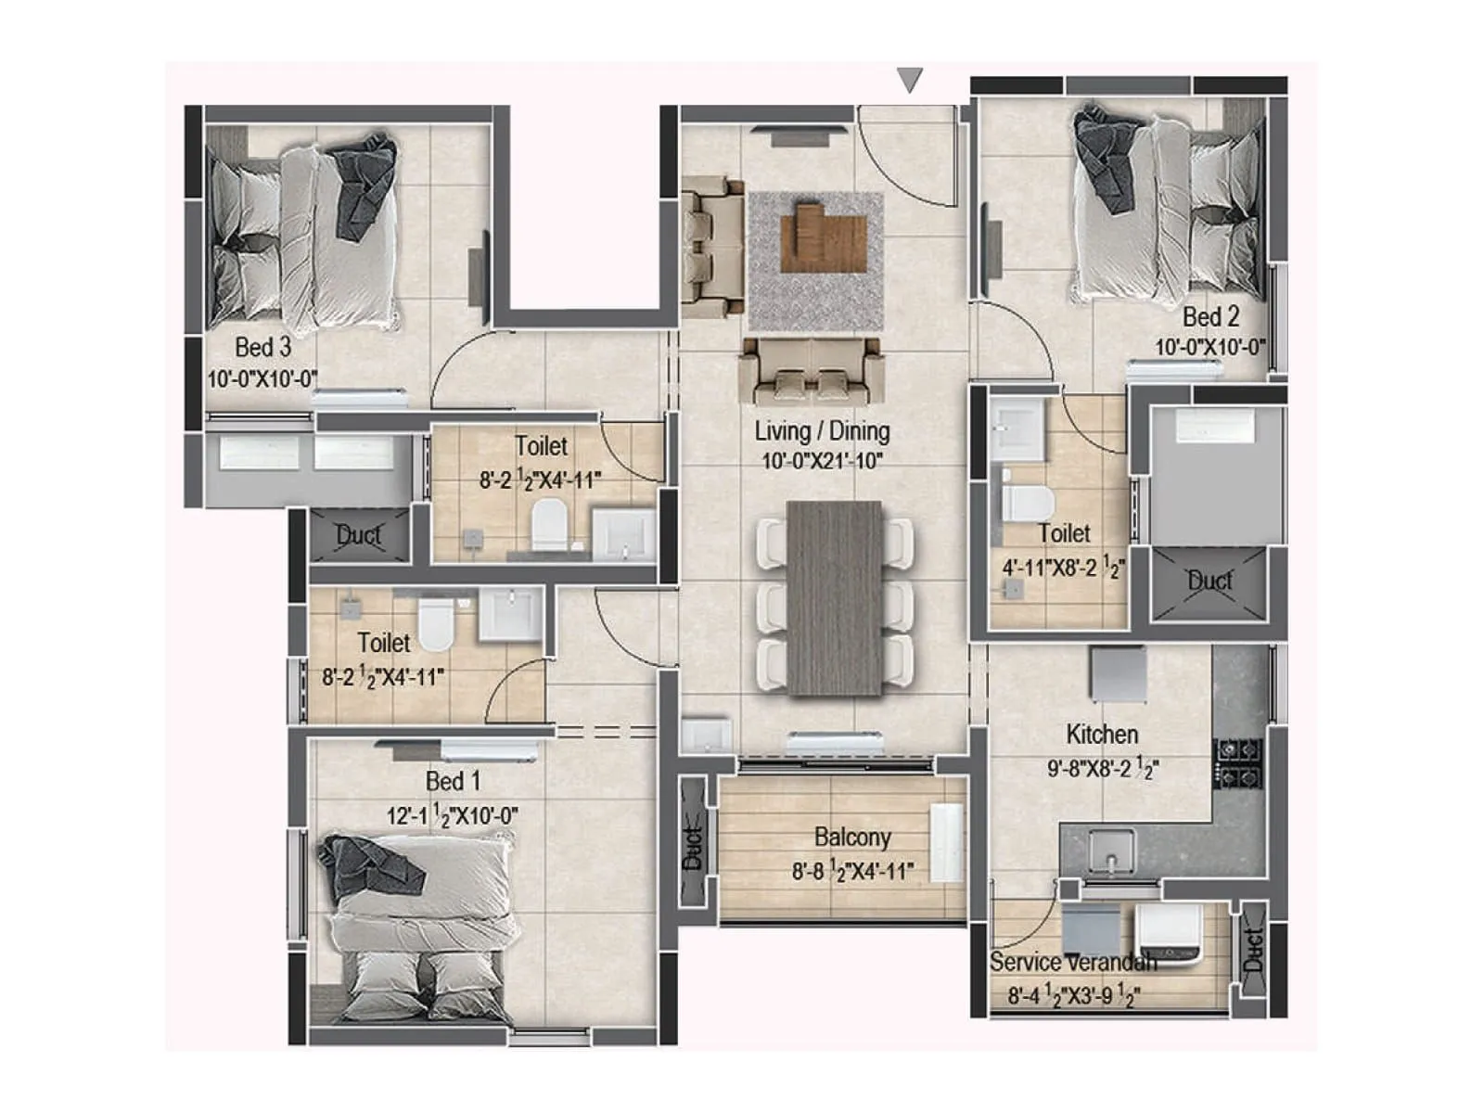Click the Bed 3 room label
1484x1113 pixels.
[x=262, y=348]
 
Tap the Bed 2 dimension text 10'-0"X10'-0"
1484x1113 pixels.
[x=1209, y=348]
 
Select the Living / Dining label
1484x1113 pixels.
[x=822, y=431]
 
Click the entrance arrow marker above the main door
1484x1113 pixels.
[x=910, y=80]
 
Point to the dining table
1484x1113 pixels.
[x=835, y=598]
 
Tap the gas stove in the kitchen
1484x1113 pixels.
[x=1239, y=762]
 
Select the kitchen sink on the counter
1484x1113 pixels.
[x=1111, y=850]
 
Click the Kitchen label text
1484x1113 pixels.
[x=1102, y=735]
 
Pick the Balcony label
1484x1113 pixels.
[x=852, y=838]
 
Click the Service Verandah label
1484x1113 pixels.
[x=1072, y=962]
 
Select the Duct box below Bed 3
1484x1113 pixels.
[x=359, y=535]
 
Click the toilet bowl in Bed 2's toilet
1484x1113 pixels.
[x=1027, y=502]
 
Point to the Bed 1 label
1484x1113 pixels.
[x=453, y=781]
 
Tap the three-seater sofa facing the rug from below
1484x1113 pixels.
[x=811, y=371]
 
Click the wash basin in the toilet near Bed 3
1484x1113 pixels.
[x=623, y=535]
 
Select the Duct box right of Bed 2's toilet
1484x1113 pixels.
[x=1209, y=582]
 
